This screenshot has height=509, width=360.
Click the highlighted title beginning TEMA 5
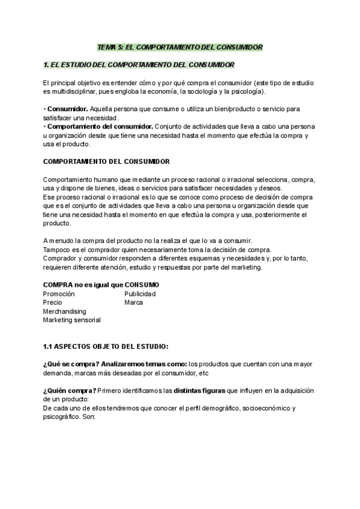tap(180, 46)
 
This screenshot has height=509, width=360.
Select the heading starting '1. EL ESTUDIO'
tap(139, 64)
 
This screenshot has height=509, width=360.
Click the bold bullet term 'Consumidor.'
tap(67, 109)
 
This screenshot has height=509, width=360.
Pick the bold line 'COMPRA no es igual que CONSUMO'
tap(101, 285)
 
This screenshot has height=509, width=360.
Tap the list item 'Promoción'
tap(59, 294)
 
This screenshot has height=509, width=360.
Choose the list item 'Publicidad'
tap(140, 294)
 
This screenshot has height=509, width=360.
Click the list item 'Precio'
tap(52, 303)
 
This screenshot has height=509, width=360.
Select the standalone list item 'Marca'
tap(134, 303)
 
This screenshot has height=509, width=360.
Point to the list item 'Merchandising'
tap(65, 312)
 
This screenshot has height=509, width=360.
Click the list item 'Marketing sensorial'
tap(72, 320)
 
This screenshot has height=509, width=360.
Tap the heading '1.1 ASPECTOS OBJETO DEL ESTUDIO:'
tap(106, 346)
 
